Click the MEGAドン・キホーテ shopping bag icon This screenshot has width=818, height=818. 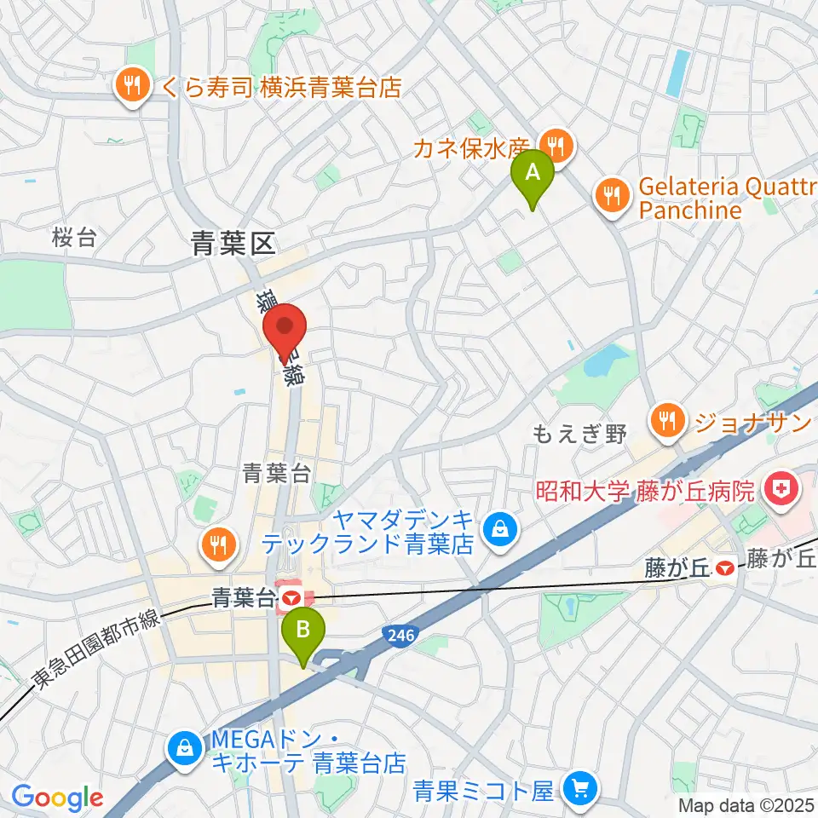point(184,749)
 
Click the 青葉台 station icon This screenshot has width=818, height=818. point(291,598)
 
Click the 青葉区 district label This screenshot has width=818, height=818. point(233,246)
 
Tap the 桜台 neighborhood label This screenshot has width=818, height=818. point(74,239)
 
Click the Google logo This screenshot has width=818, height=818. point(57,798)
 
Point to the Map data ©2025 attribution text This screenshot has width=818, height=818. point(746,805)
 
